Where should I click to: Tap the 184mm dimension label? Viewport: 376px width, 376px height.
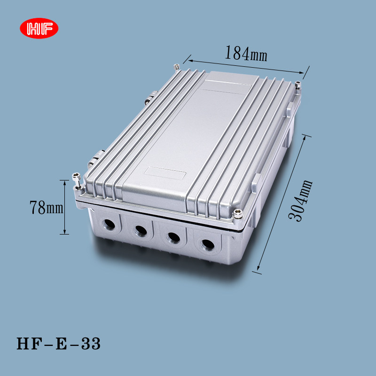pyautogui.click(x=245, y=54)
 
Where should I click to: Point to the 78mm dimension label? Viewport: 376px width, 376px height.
pyautogui.click(x=46, y=207)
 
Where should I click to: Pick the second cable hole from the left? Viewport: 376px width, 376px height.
pyautogui.click(x=140, y=230)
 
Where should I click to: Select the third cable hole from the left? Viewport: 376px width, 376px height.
pyautogui.click(x=172, y=237)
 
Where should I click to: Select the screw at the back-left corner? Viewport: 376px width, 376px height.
pyautogui.click(x=176, y=67)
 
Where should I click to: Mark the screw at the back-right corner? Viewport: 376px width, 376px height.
pyautogui.click(x=298, y=85)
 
